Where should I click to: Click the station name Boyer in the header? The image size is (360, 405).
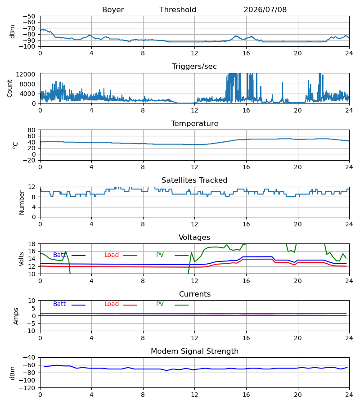[113, 10]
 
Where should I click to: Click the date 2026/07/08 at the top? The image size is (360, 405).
[265, 10]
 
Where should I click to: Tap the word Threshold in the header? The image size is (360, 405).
[178, 10]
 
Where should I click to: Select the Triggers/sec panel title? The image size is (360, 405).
[194, 67]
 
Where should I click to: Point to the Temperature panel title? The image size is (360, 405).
[194, 123]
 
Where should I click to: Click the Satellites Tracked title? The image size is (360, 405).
[194, 180]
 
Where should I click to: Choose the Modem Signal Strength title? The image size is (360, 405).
[194, 351]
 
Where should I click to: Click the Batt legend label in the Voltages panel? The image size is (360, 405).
[59, 255]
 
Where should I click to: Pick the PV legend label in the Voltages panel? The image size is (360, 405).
[160, 255]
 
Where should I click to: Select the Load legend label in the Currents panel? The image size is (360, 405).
[112, 304]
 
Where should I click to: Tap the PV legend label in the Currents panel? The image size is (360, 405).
[160, 304]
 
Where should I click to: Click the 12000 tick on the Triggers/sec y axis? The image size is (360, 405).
[26, 74]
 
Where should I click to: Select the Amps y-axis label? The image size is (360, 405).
[16, 316]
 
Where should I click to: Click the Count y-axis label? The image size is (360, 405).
[10, 88]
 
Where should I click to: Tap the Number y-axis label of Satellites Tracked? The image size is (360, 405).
[22, 203]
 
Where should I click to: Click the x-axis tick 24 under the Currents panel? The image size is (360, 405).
[349, 338]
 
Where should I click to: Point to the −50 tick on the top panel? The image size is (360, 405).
[29, 16]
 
